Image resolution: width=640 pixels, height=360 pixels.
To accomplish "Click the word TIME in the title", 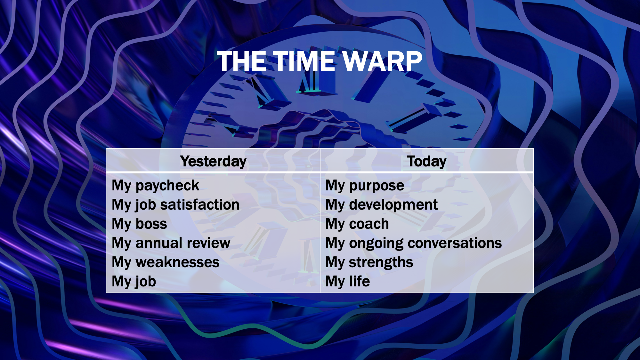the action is point(303,61).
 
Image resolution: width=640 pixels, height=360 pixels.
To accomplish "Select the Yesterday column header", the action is point(213,162).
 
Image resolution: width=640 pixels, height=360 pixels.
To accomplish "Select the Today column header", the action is point(427,162).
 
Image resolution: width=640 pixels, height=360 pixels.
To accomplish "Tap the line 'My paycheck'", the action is point(156,186).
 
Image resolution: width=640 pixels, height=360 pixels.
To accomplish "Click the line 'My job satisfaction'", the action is point(175,205).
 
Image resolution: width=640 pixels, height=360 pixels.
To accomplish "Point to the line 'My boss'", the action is point(139,224).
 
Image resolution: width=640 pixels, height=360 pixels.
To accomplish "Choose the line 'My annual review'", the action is point(171,243).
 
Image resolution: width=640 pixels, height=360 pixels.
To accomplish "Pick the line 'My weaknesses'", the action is point(166,262).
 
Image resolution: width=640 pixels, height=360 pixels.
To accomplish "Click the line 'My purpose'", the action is point(365,186).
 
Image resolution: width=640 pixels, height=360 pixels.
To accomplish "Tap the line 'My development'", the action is point(381,205).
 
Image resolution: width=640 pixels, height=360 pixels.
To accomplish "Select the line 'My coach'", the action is point(357,224).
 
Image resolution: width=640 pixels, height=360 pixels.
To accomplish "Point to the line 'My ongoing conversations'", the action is point(413,244).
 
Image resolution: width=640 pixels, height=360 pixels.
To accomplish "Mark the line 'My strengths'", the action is point(369,263).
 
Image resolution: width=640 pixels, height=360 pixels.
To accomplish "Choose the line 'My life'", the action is point(347,282).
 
